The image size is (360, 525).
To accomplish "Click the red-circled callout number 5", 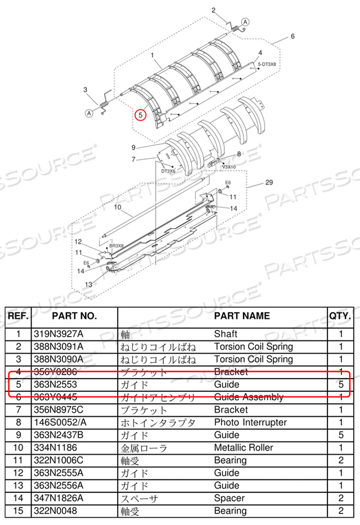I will (x=141, y=116).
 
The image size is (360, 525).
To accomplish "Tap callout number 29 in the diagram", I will (x=269, y=182).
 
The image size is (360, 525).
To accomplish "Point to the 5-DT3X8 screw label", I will (x=267, y=65).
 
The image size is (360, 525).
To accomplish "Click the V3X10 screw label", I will (x=229, y=166).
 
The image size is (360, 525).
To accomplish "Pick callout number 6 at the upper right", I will (x=293, y=36).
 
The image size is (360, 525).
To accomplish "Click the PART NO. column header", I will (x=74, y=316).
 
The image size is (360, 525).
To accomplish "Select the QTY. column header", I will (x=340, y=316).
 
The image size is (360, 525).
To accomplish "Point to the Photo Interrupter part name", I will (x=250, y=422).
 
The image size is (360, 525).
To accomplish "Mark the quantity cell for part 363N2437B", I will (x=340, y=435).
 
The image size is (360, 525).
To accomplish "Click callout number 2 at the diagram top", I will (x=213, y=11).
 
